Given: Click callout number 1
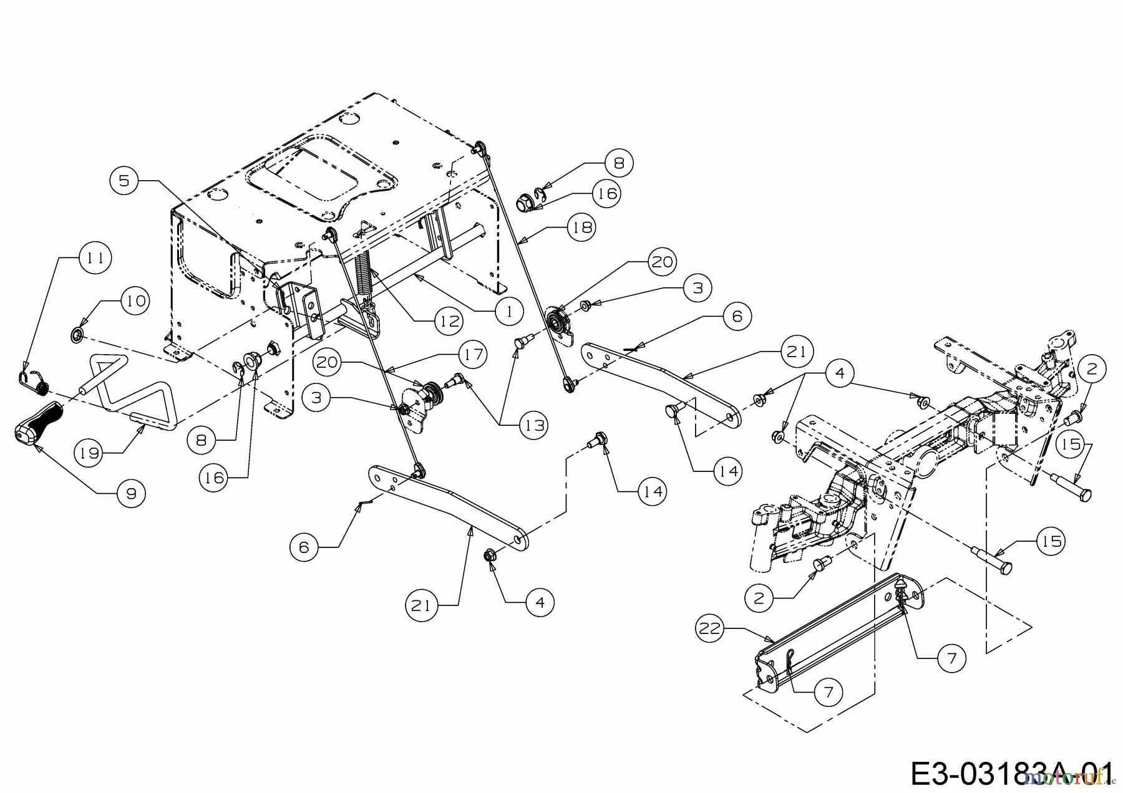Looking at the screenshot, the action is (x=509, y=310).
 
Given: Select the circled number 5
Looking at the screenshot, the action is (x=124, y=180).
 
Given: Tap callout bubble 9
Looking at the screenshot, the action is (x=131, y=493).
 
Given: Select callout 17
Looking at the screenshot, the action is (x=473, y=355).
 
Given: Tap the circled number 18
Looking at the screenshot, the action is (x=581, y=228).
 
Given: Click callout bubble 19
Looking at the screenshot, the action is (x=90, y=453).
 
